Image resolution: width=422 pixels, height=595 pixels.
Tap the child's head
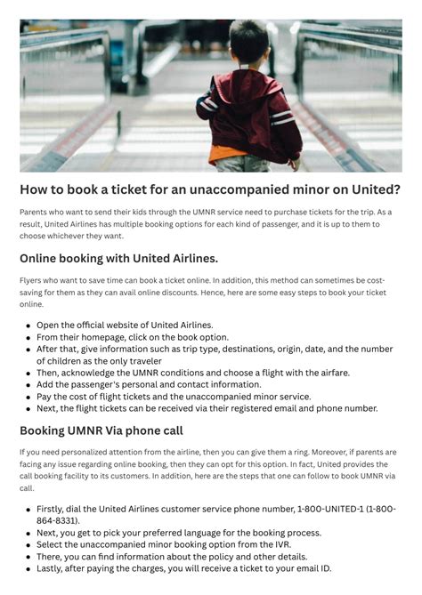pos(248,44)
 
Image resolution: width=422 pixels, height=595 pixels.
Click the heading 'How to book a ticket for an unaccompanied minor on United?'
pos(210,189)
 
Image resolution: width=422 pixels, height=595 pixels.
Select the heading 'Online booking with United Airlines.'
pos(118,258)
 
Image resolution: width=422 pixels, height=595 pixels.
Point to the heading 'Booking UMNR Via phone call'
pos(101,430)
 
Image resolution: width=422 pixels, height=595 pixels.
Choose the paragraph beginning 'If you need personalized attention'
pos(204,470)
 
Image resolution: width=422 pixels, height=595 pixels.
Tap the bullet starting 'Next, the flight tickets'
pos(207,408)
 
